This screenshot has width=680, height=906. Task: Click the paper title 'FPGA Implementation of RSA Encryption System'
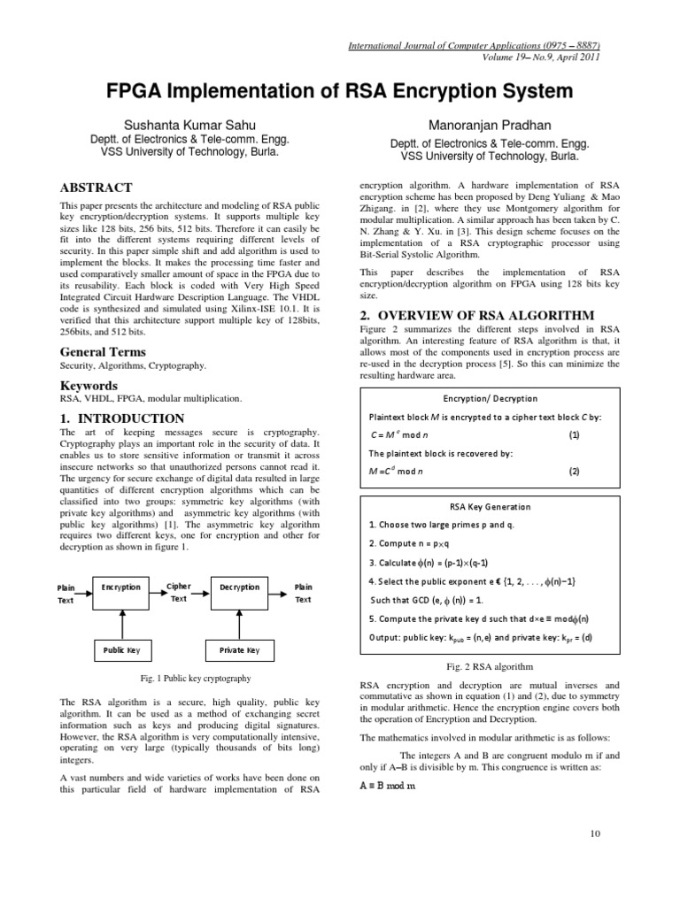[340, 91]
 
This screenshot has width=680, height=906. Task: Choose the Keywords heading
[88, 386]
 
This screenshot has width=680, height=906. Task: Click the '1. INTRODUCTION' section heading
[121, 418]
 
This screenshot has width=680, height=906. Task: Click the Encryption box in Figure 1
[120, 587]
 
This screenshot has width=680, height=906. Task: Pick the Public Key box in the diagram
[120, 650]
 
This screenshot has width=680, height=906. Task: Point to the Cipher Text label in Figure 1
[178, 592]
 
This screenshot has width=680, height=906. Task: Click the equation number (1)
[574, 435]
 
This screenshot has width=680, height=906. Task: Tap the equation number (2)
[574, 472]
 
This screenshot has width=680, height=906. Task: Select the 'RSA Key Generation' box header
[491, 507]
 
